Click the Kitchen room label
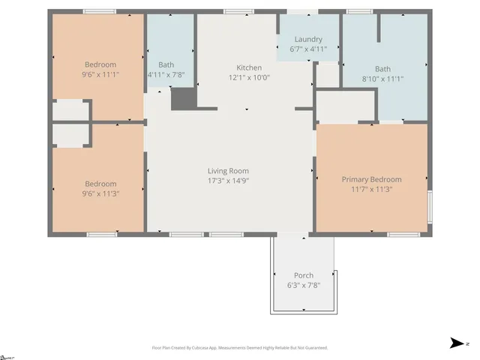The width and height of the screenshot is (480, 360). (x=249, y=67)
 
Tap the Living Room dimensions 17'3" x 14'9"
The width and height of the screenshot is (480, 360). (x=228, y=181)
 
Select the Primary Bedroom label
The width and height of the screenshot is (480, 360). (x=371, y=179)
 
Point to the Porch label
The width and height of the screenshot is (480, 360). (x=304, y=275)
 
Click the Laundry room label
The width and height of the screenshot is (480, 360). (x=308, y=39)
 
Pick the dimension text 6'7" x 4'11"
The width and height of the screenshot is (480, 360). (x=308, y=49)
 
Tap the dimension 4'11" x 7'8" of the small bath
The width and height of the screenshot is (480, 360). (x=166, y=74)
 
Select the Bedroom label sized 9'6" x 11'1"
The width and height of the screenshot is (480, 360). (x=99, y=64)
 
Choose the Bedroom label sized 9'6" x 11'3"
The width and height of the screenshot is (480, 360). (x=100, y=184)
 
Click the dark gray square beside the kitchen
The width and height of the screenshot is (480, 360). (x=183, y=98)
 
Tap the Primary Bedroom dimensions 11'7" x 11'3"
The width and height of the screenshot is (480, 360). (x=371, y=189)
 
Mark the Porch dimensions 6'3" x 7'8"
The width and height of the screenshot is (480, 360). (x=304, y=285)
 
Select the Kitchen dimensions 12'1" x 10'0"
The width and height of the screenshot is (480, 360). (x=249, y=77)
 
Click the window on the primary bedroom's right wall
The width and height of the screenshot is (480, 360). (x=430, y=207)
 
